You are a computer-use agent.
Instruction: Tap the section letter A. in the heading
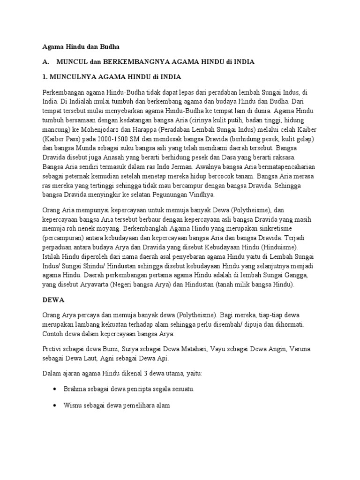click(45, 62)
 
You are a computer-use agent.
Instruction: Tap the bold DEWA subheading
click(52, 299)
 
